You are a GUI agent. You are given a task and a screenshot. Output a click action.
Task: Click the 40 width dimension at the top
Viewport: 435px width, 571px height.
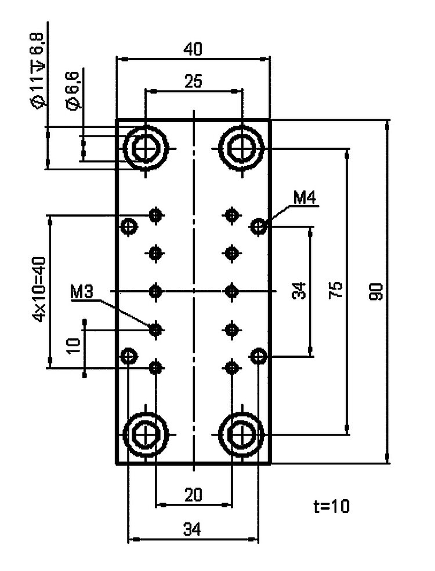[193, 50]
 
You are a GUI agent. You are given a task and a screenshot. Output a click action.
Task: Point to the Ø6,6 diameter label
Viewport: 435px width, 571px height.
[74, 94]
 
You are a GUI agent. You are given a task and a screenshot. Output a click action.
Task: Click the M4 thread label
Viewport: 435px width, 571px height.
[304, 199]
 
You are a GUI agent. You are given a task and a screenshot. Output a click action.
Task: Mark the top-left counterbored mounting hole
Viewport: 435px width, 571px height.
[146, 148]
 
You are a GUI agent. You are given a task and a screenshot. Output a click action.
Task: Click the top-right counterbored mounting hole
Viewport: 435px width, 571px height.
[240, 148]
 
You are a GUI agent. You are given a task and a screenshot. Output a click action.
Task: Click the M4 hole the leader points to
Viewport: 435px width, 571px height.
[258, 225]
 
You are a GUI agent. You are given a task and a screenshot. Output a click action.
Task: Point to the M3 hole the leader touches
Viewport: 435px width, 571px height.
[155, 329]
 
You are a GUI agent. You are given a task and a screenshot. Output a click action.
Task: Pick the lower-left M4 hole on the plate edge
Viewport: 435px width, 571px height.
[128, 354]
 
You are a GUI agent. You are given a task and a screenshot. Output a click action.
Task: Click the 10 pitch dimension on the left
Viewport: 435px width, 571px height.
[73, 346]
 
